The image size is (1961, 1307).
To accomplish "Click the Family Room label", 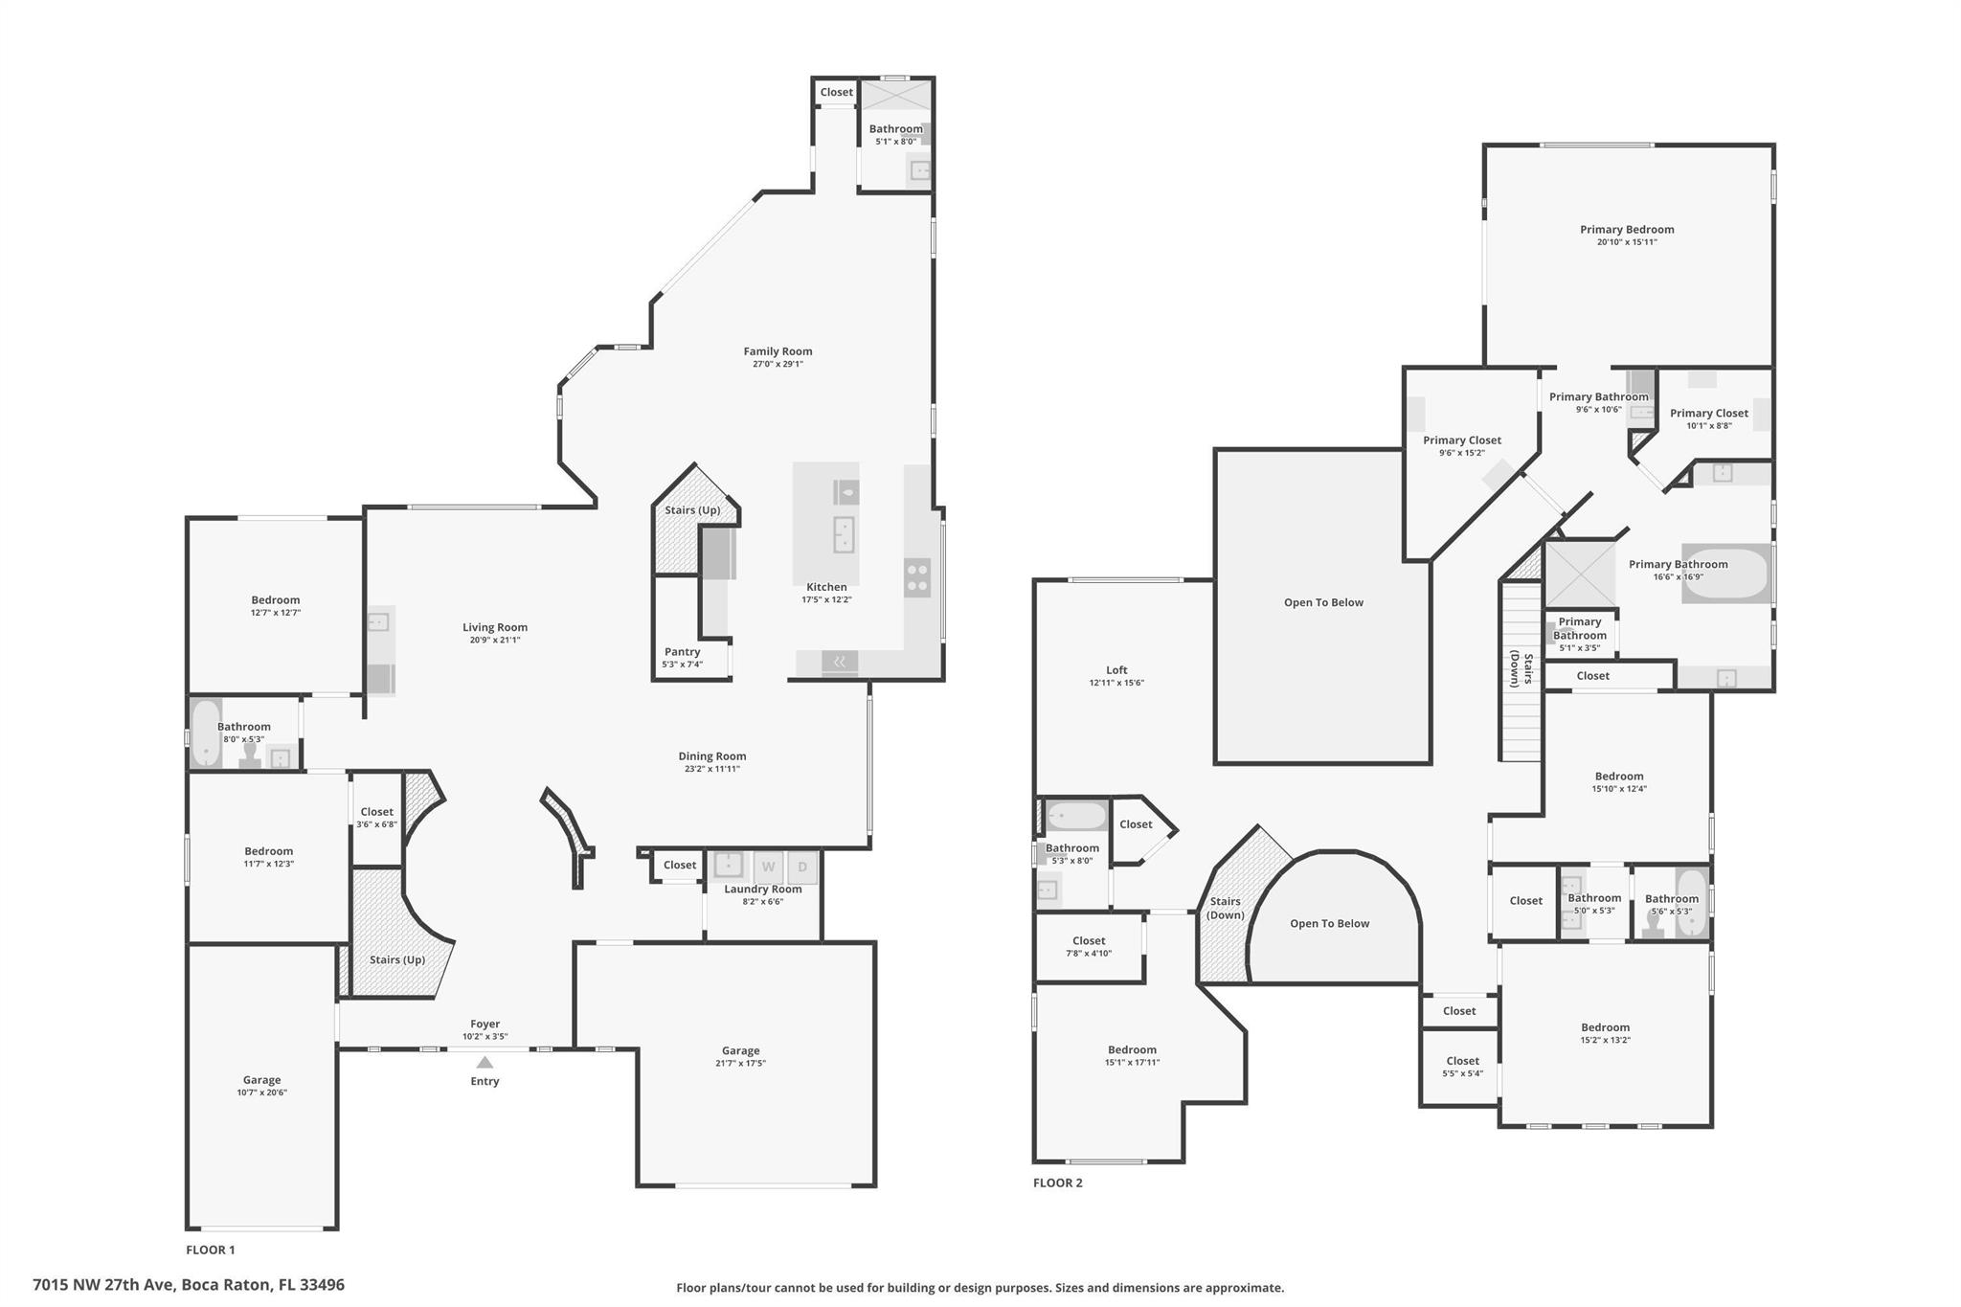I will tap(778, 351).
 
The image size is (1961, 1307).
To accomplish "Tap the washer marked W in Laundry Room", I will tap(768, 868).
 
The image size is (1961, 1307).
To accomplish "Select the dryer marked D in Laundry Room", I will tap(802, 868).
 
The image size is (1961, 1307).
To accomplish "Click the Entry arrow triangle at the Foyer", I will tap(485, 1062).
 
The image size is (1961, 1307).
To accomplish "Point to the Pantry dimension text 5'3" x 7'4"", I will tap(682, 665).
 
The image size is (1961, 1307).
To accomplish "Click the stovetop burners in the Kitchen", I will tap(916, 576).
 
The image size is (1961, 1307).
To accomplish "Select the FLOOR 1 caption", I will tap(210, 1250).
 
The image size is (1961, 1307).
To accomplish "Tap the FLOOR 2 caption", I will tap(1057, 1183).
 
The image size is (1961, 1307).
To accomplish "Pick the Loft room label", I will tap(1116, 670).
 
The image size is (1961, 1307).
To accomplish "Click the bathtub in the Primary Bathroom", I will tap(1726, 574).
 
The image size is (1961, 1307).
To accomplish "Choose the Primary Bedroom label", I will tap(1627, 230).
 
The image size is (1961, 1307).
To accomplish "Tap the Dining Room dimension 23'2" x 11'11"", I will tap(711, 769).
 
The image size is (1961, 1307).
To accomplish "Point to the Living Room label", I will tap(495, 628).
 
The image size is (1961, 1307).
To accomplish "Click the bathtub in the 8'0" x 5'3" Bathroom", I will tap(205, 733).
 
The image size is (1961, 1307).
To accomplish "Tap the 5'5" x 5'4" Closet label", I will tap(1462, 1061).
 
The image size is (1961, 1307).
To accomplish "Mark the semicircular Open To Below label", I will tap(1329, 924).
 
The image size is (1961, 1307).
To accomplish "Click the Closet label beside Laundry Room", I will tap(680, 866).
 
